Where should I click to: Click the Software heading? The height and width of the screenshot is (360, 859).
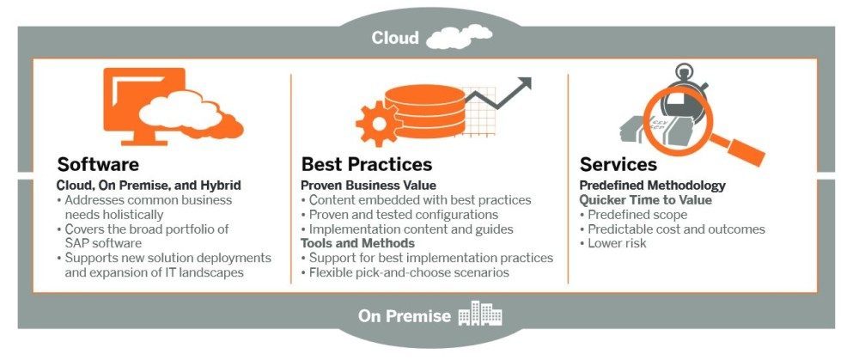click(98, 164)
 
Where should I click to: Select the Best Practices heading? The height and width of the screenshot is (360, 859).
click(367, 164)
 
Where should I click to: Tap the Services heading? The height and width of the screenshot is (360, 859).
click(618, 164)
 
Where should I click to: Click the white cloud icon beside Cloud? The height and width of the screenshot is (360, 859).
click(459, 36)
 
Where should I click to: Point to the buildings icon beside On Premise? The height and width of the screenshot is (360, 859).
click(480, 314)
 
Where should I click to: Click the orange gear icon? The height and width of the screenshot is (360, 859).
click(379, 123)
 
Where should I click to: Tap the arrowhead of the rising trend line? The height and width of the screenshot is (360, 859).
click(524, 84)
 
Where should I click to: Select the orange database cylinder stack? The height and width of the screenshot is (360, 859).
click(424, 112)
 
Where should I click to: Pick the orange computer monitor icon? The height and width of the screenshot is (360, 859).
click(144, 106)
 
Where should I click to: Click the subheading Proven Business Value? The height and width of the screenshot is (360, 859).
click(369, 186)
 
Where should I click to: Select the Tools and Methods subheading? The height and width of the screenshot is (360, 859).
click(357, 243)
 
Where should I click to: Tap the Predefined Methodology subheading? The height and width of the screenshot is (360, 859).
click(653, 186)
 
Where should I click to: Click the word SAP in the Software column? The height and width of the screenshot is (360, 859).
click(75, 243)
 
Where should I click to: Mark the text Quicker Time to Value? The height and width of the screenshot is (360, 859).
click(646, 200)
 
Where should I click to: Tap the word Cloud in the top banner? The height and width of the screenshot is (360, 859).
click(395, 38)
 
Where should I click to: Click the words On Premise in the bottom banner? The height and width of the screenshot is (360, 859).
click(405, 316)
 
